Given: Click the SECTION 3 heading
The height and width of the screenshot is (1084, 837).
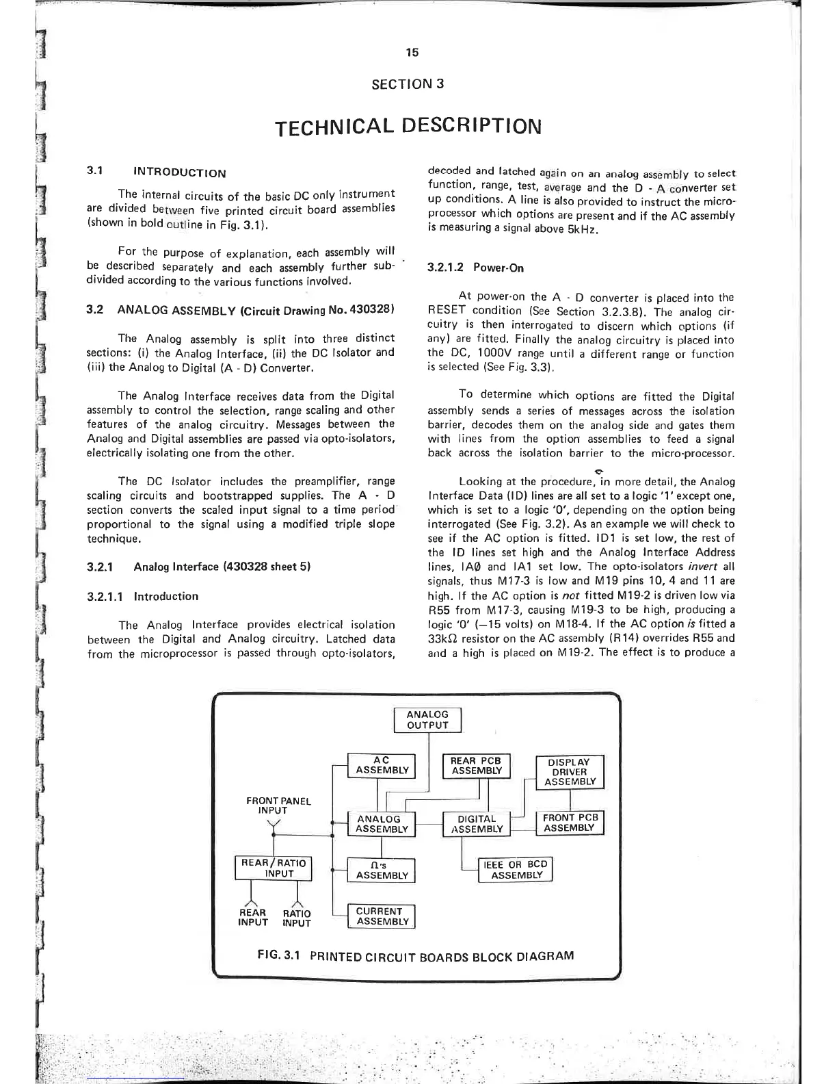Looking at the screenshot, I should click(408, 84).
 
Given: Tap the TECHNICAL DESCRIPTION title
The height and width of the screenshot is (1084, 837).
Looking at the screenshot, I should click(408, 126).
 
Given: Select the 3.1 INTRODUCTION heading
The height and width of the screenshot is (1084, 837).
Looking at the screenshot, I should click(157, 172).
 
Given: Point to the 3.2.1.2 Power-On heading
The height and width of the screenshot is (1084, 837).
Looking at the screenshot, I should click(466, 268).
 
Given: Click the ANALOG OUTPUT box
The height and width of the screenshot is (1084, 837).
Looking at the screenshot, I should click(427, 720).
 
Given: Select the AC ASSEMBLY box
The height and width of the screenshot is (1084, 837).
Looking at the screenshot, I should click(382, 765).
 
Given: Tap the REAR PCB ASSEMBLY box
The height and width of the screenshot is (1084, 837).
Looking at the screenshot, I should click(477, 765).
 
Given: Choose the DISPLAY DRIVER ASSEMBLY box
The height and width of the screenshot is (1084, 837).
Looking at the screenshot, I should click(570, 772).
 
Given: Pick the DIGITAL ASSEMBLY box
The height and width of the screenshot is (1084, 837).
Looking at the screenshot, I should click(477, 824).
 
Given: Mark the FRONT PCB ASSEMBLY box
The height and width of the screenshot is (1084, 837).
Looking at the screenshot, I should click(570, 823).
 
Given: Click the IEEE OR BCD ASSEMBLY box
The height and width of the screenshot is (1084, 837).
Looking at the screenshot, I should click(516, 869).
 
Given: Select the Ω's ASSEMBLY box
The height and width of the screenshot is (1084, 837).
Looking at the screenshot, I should click(382, 870).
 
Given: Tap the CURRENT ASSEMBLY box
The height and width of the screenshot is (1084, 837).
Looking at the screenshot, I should click(382, 916).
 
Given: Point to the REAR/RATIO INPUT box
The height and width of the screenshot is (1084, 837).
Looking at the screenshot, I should click(272, 868).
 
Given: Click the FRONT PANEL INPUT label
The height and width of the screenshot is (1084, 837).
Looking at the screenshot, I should click(278, 805).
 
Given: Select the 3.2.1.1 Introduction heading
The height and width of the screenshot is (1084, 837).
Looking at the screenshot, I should click(143, 596).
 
